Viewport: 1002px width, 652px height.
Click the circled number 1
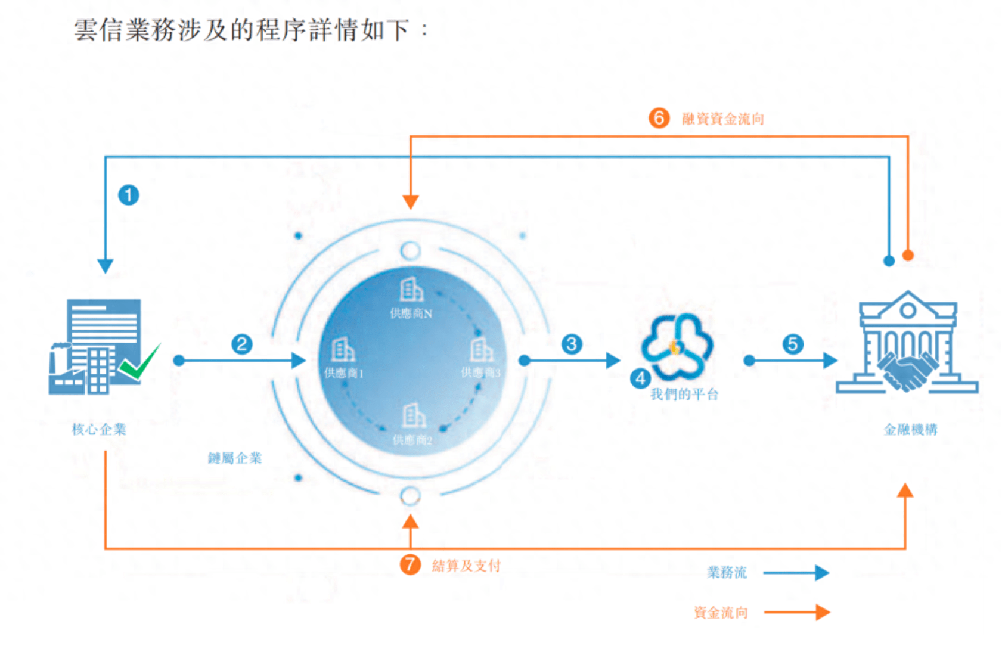click(129, 195)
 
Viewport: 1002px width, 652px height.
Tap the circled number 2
click(242, 344)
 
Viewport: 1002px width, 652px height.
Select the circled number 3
click(572, 344)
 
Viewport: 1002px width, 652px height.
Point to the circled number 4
click(640, 378)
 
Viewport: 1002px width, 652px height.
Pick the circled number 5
click(793, 344)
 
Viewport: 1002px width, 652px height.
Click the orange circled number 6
click(659, 118)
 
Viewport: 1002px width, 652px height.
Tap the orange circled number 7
click(410, 564)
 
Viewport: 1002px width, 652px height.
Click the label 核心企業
click(99, 429)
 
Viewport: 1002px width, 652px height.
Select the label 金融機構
click(910, 429)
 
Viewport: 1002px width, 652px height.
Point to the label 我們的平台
click(684, 394)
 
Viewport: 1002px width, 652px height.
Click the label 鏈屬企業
click(235, 458)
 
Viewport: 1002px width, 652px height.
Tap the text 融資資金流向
click(723, 119)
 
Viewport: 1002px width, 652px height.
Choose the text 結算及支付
click(466, 565)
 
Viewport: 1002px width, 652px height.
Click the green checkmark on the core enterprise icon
click(140, 362)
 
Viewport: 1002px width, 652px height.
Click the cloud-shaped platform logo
click(677, 346)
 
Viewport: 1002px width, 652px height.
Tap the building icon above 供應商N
click(411, 290)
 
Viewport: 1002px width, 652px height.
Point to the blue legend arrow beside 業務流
click(796, 573)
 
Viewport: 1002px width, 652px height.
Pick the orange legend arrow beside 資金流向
click(796, 612)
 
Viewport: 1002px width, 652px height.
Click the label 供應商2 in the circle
click(412, 440)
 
